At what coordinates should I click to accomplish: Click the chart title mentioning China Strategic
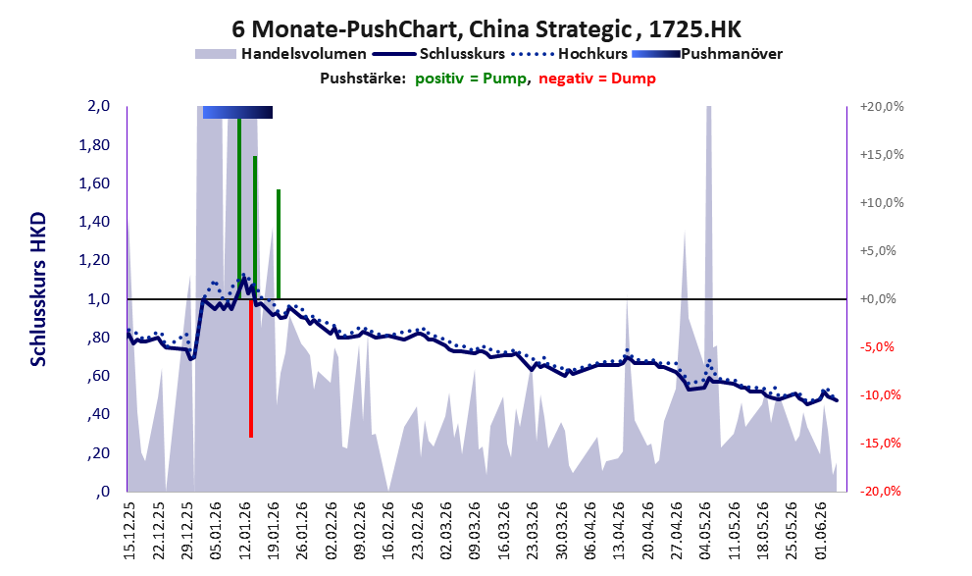click(486, 29)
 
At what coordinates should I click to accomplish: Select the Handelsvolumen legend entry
click(281, 54)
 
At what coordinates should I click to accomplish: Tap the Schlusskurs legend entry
click(439, 54)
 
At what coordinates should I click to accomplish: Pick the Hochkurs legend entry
click(570, 54)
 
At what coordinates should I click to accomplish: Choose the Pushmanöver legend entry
click(707, 54)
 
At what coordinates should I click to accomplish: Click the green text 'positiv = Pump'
click(471, 79)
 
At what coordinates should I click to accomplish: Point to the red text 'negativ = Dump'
click(597, 79)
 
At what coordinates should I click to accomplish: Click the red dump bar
click(251, 368)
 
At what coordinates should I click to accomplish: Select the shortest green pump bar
click(279, 244)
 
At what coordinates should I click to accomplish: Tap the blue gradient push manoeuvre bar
click(237, 112)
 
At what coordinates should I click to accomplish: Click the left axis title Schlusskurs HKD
click(38, 289)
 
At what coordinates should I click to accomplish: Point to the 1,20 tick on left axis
click(95, 260)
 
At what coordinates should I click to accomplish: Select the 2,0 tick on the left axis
click(98, 106)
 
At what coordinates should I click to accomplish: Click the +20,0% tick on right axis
click(882, 107)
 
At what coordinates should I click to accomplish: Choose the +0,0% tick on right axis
click(878, 299)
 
